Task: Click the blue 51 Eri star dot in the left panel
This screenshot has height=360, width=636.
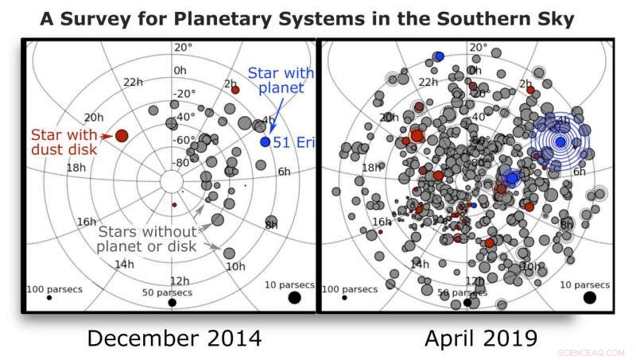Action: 265,141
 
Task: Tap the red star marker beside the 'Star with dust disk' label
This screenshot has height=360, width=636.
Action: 122,136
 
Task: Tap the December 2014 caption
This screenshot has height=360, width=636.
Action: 173,338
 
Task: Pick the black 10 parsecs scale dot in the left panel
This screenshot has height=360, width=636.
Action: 294,297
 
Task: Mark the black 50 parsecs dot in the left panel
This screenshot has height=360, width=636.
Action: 173,302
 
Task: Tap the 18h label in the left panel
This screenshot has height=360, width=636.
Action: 76,168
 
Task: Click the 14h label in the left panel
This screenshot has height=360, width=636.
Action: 125,264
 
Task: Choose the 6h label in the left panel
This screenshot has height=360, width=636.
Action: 283,172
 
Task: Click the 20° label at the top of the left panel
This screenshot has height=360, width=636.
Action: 183,47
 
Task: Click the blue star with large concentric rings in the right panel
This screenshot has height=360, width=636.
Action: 560,141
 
